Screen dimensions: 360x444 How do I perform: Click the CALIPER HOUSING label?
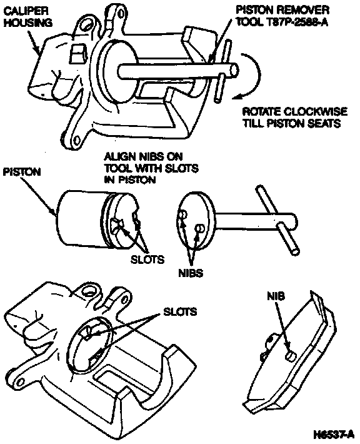[27, 17]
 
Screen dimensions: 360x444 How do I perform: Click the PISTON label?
[22, 172]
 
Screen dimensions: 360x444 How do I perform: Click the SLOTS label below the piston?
[147, 260]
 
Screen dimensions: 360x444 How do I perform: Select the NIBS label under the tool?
[191, 273]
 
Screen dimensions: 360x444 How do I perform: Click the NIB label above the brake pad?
[276, 296]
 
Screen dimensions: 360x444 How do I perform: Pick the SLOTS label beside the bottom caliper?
[180, 312]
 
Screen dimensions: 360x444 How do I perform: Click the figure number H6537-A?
[334, 434]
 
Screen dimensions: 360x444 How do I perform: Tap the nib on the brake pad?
[291, 356]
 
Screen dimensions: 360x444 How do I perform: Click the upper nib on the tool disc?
[183, 214]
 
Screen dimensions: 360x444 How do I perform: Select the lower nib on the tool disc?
[200, 228]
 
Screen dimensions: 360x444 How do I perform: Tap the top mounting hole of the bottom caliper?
[90, 291]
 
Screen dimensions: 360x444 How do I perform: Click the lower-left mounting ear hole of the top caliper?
[76, 139]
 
